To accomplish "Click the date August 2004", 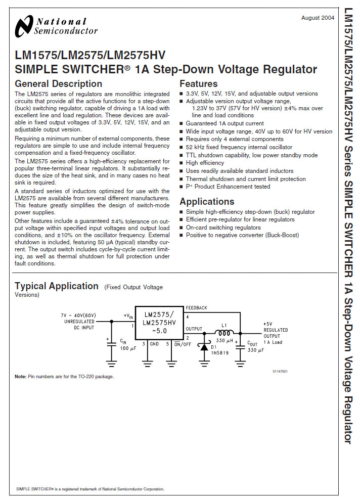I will click(x=318, y=18).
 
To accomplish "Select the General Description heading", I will click(x=58, y=84).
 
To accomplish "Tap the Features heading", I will click(x=198, y=84).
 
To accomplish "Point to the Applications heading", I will click(x=207, y=202).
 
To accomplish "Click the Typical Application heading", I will click(x=57, y=286).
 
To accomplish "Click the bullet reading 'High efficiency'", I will click(x=205, y=163).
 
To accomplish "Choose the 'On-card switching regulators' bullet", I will click(x=223, y=228).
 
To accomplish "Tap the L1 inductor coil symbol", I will click(x=224, y=333).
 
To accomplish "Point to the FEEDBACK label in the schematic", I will click(x=196, y=308).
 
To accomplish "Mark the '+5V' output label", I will click(x=268, y=324).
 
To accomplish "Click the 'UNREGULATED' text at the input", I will click(x=79, y=322).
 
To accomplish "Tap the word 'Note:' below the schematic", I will click(x=20, y=377).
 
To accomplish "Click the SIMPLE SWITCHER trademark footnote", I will click(x=90, y=489).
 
